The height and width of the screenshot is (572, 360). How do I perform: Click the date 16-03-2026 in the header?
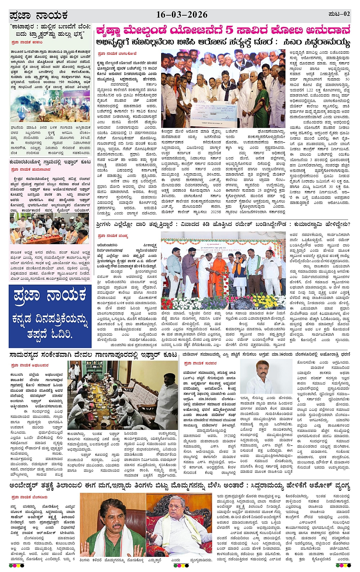[182, 15]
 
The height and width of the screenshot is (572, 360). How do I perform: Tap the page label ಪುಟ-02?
[339, 14]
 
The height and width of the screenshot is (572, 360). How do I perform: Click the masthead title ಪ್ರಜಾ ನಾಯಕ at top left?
[38, 16]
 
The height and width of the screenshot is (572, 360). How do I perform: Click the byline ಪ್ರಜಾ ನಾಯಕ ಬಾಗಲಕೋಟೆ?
[117, 54]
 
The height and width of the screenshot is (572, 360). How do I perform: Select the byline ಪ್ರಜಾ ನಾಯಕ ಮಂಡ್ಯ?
[113, 236]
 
